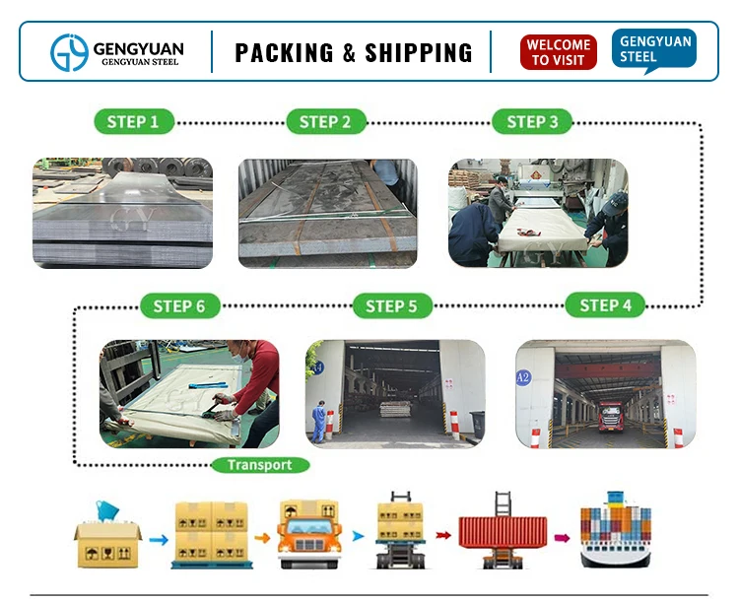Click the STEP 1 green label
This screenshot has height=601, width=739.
coord(133,122)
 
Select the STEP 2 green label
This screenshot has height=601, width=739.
coord(325,122)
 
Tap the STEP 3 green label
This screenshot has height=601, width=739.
coord(532,122)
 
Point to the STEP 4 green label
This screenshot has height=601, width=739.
coord(605,305)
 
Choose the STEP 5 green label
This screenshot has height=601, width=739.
coord(391,306)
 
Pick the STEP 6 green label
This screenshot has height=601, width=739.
coord(179,306)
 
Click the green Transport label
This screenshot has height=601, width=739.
coord(260,465)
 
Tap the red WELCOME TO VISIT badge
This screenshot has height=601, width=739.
coord(559,52)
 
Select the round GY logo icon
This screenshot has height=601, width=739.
coord(70,52)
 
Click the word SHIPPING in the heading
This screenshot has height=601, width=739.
coord(420,52)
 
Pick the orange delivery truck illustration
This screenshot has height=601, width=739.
coord(308,535)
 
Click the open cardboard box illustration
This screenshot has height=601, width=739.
coord(106,537)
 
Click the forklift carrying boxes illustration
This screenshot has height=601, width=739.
coord(402,532)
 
